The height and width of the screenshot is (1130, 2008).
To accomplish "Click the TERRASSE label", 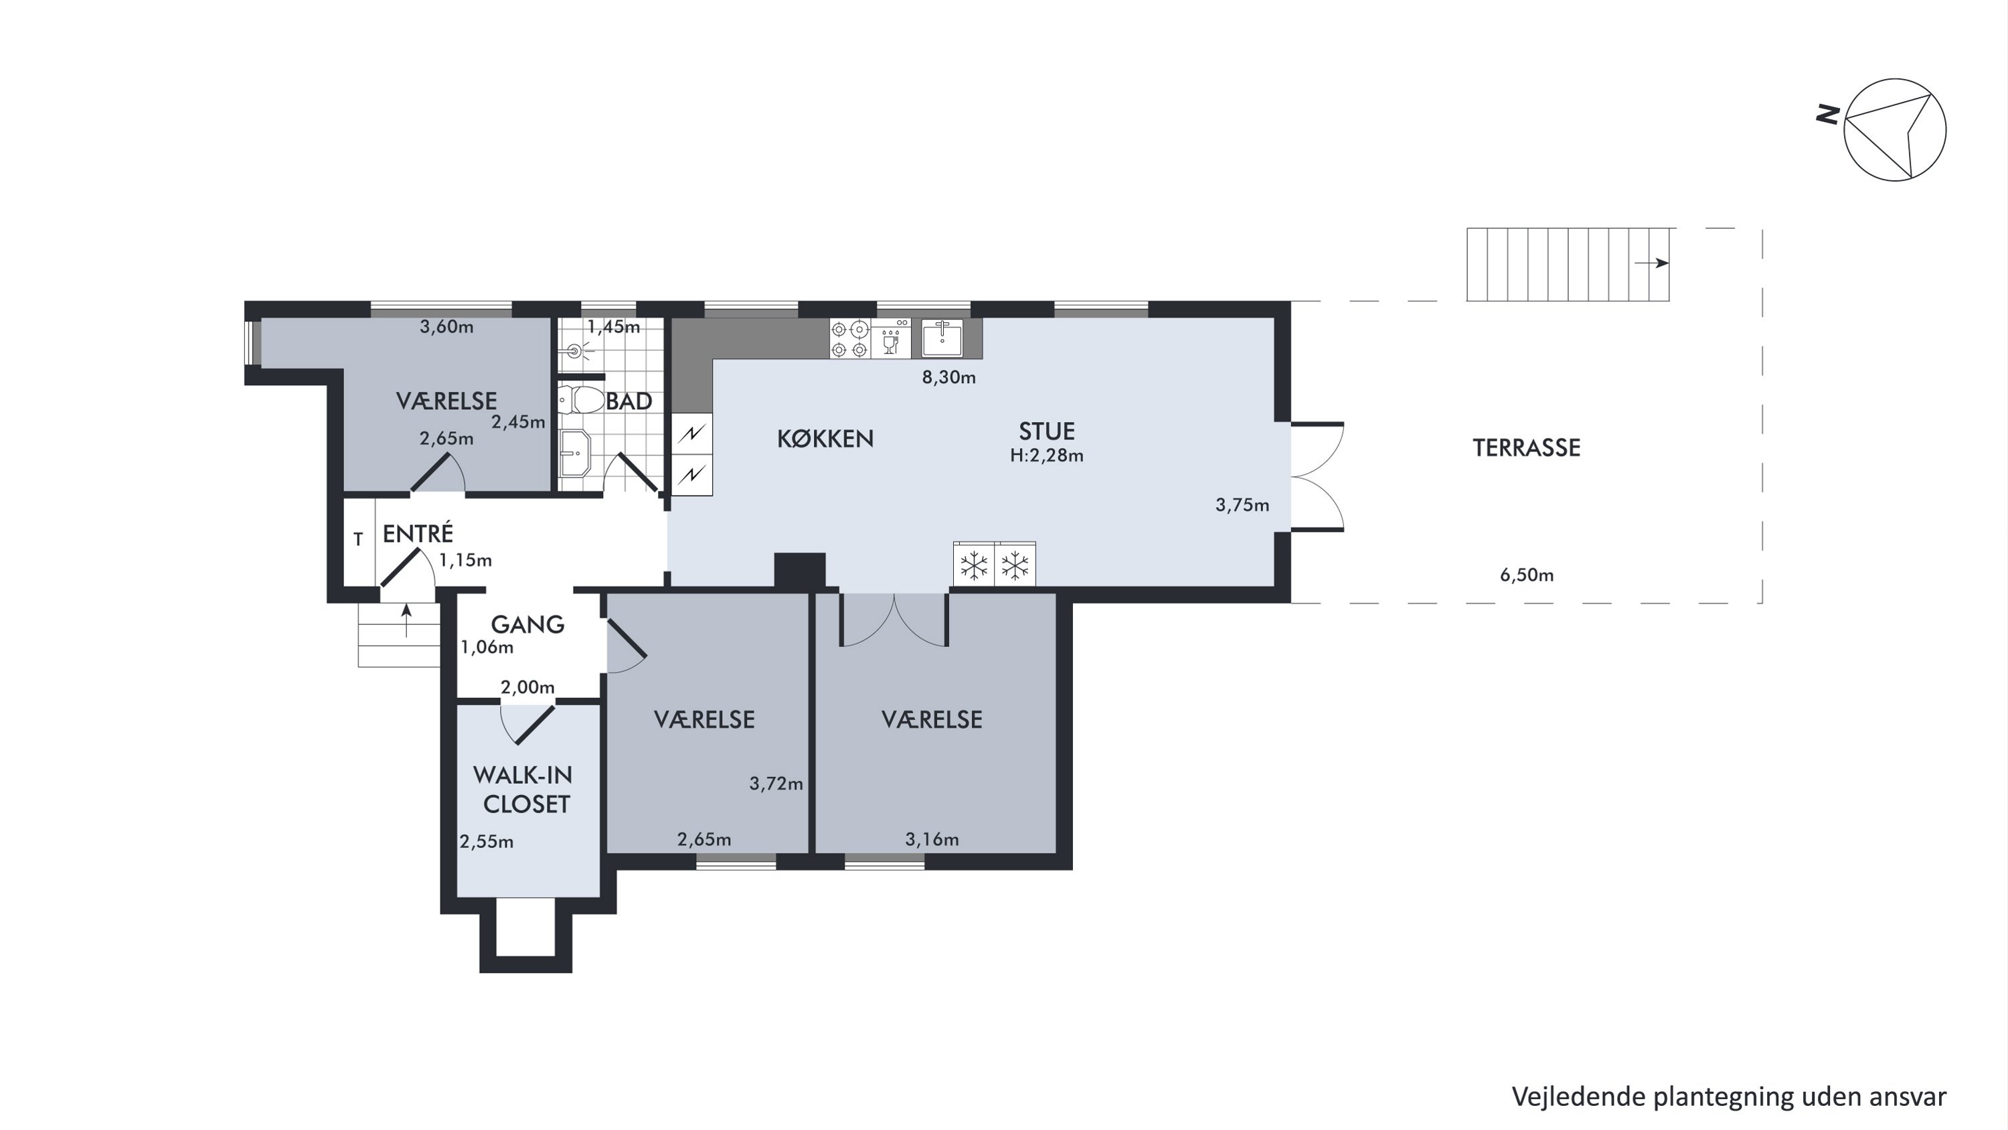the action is coord(1526,447).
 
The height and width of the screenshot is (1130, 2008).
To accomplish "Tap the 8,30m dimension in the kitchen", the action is coord(948,377).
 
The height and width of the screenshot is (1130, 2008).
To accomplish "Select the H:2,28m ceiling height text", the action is coord(1046,455).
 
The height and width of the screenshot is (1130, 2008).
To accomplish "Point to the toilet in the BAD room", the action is coord(582,401).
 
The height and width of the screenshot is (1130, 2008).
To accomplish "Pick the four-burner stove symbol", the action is coord(849,339).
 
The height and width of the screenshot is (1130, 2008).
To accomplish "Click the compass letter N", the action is coord(1828,115).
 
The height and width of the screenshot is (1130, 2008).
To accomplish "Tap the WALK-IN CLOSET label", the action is coord(523,789).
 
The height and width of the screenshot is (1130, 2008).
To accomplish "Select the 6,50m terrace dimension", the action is coord(1526,575).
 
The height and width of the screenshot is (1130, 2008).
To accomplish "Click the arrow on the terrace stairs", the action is coord(1651,263).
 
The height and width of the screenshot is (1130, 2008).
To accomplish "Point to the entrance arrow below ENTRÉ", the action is coord(406,620).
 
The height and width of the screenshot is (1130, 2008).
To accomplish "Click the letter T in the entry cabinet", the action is coord(359,539).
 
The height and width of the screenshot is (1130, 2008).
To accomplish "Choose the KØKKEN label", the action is coord(825,438).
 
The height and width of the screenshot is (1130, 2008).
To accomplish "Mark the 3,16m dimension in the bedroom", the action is coord(932,839).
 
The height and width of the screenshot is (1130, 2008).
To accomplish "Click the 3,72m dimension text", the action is coord(776,784).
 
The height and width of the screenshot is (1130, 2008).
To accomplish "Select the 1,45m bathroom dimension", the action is coord(614,327).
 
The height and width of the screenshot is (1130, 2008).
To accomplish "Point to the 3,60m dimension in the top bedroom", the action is coord(446,327).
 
